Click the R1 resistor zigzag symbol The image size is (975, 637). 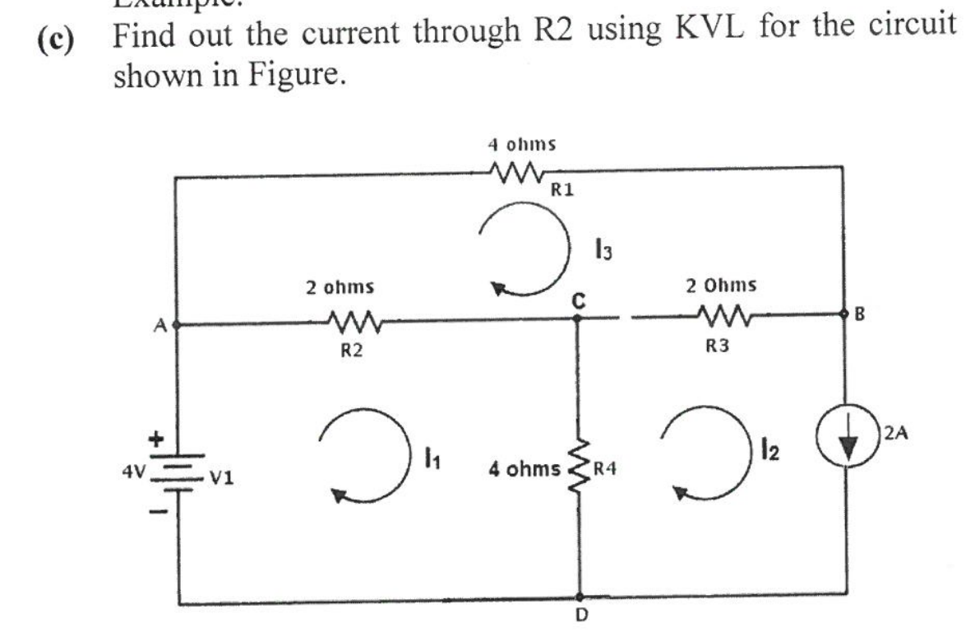click(515, 174)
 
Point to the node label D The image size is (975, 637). click(580, 622)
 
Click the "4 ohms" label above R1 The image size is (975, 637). click(521, 145)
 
